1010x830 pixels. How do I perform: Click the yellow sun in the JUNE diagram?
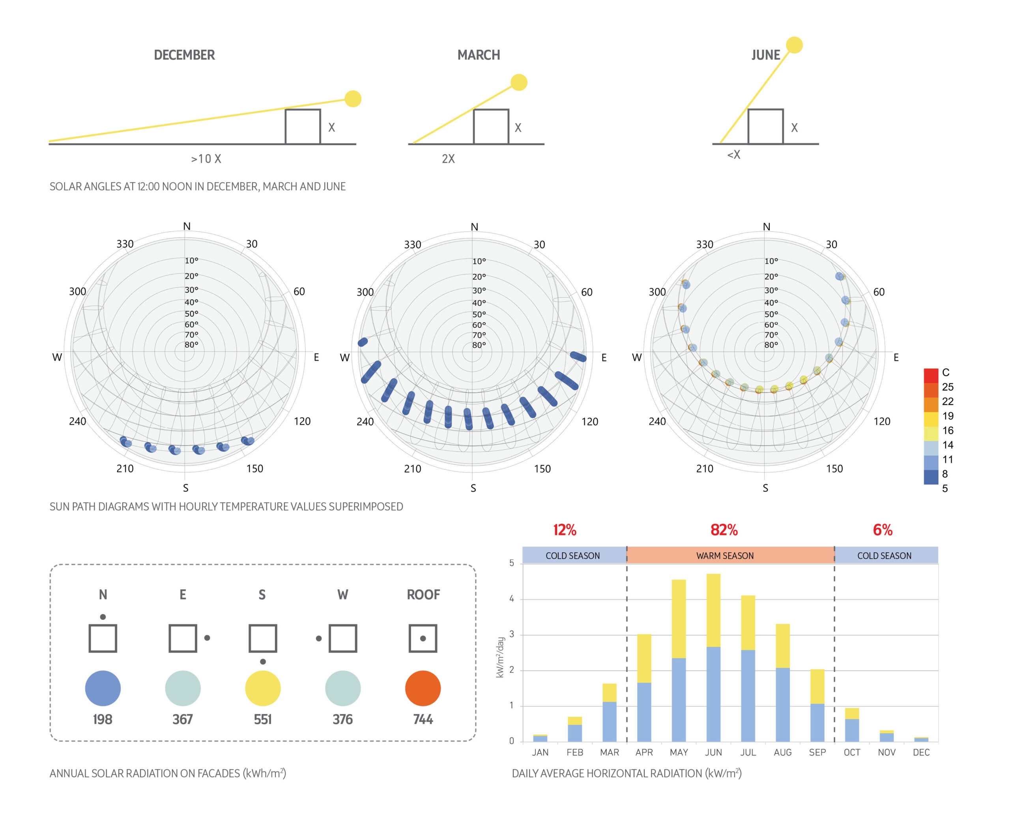tap(794, 45)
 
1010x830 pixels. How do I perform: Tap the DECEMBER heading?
tap(184, 55)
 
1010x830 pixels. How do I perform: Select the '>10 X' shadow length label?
tap(206, 159)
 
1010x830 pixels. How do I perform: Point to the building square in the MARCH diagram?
tap(491, 127)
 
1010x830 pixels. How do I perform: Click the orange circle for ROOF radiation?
tap(423, 688)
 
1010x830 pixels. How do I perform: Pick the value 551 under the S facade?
tap(262, 720)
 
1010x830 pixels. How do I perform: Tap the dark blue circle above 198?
tap(103, 688)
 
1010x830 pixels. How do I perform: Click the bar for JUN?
tap(713, 658)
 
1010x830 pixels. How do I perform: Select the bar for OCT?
tap(852, 725)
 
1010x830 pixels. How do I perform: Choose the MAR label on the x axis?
tap(609, 753)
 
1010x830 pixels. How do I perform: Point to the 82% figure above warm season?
tap(724, 530)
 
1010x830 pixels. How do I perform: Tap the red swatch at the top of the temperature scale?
tap(931, 375)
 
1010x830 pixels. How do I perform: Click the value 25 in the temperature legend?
tap(948, 387)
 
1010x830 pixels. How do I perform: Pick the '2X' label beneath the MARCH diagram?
tap(448, 159)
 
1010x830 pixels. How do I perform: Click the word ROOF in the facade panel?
tap(423, 595)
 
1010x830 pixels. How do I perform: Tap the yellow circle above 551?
tap(262, 688)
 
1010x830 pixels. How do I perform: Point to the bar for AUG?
tap(782, 683)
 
